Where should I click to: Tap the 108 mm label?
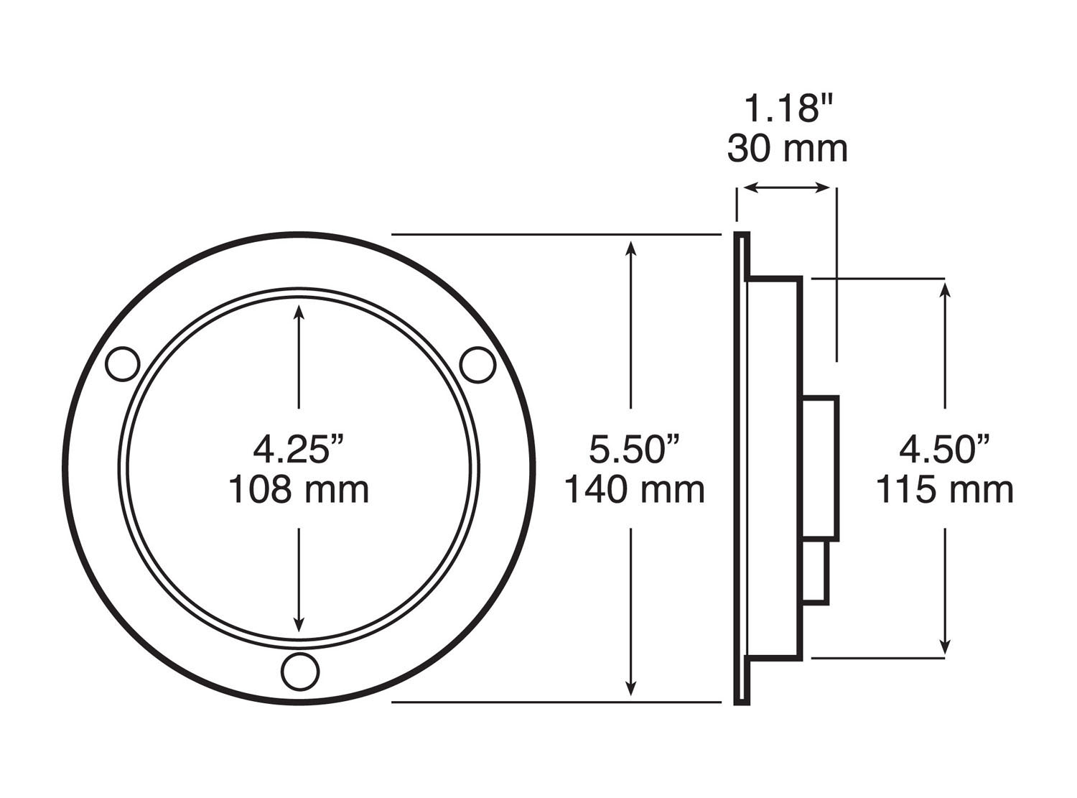click(299, 490)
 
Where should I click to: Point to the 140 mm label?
click(634, 490)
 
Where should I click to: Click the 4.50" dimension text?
click(944, 449)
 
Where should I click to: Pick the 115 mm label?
click(944, 490)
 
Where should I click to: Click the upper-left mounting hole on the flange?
click(122, 363)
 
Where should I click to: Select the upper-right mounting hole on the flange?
click(477, 365)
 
